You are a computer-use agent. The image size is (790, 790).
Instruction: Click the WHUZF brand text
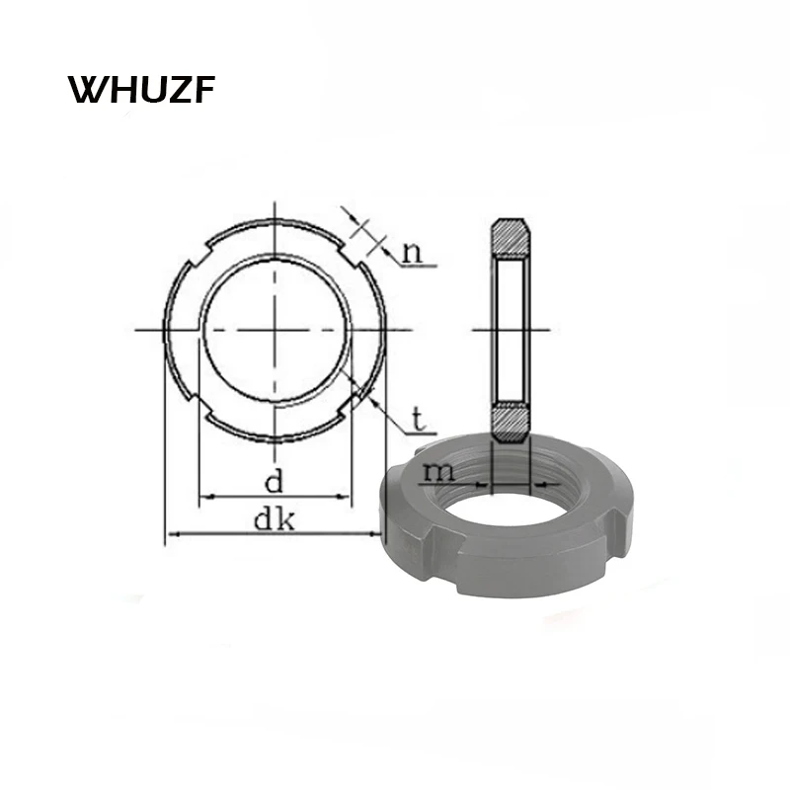pos(141,90)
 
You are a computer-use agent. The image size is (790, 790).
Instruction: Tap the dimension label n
pos(413,252)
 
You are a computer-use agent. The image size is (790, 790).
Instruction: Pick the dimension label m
pos(438,472)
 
